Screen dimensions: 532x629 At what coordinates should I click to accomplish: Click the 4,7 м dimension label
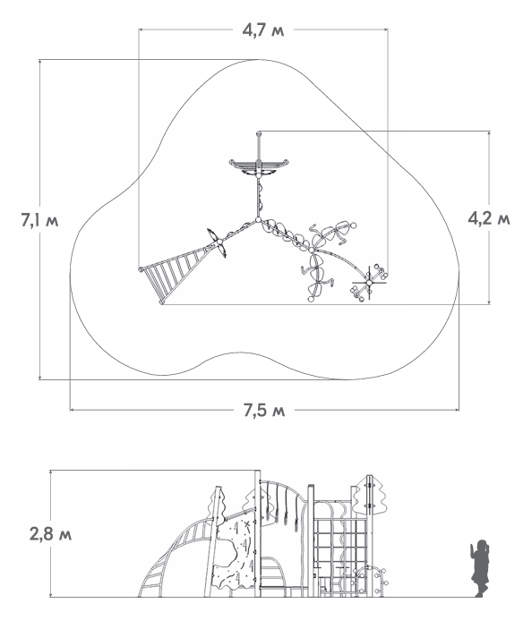[263, 30]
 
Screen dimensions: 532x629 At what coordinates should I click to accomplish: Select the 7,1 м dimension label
[39, 220]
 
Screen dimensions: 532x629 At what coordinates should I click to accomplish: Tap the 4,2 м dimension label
[489, 218]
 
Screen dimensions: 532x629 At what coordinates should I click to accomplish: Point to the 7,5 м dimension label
[264, 410]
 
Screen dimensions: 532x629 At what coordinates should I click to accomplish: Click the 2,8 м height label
[50, 534]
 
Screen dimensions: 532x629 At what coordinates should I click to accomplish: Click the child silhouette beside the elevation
[480, 568]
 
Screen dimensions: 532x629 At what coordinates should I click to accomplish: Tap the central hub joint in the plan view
[258, 220]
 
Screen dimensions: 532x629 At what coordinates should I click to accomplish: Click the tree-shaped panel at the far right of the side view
[369, 495]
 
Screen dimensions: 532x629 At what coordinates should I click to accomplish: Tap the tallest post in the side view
[257, 533]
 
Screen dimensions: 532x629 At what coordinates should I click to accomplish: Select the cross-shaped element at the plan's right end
[369, 283]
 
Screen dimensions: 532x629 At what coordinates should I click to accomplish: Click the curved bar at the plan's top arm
[259, 164]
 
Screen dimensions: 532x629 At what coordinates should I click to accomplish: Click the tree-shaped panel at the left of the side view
[216, 506]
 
